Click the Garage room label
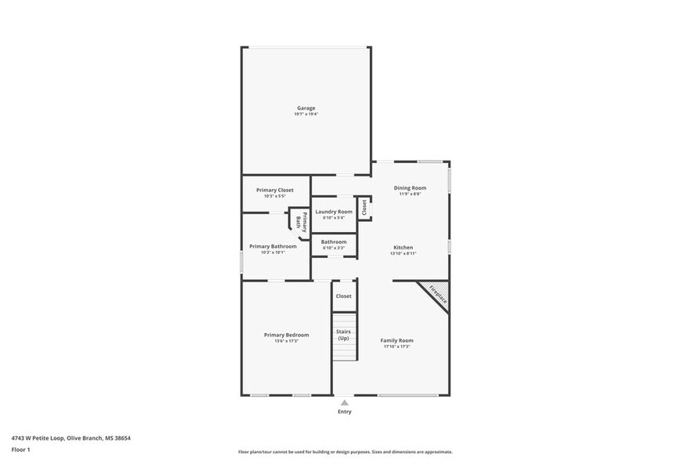tap(306, 107)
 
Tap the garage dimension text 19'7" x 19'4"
tap(306, 114)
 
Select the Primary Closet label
tap(275, 190)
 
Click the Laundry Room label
tap(334, 212)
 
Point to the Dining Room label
tap(410, 187)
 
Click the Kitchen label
tap(403, 247)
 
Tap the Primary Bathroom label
tap(273, 246)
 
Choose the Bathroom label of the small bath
tap(334, 241)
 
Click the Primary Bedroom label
tap(286, 335)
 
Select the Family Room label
tap(396, 340)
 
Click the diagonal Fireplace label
tap(437, 294)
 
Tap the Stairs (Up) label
tap(343, 334)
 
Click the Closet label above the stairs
tap(343, 296)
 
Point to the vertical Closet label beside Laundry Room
tap(364, 207)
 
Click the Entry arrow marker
tap(344, 402)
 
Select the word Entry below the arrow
tap(344, 412)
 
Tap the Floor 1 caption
tap(20, 449)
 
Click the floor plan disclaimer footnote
tap(345, 452)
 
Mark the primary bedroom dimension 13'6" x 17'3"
tap(286, 341)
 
